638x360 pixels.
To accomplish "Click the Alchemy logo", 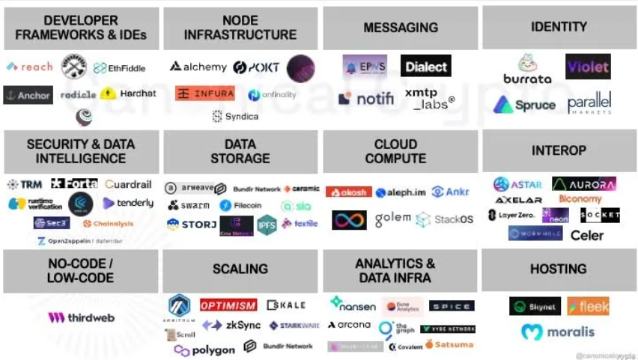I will (x=198, y=67).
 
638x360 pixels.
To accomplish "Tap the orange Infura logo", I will (x=204, y=94).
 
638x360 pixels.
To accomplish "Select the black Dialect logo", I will (x=425, y=66).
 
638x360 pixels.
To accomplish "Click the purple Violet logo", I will (x=588, y=67).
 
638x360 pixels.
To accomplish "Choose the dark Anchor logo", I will (x=28, y=95).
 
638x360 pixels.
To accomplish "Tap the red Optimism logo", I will (x=228, y=305).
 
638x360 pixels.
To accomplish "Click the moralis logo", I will (x=558, y=332).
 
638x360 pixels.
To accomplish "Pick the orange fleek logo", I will (x=588, y=306).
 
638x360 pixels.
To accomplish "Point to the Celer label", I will (x=586, y=235).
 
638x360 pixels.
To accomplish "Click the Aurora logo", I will (x=584, y=184).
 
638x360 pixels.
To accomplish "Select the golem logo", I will (x=392, y=218).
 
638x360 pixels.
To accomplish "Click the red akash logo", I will (x=348, y=192).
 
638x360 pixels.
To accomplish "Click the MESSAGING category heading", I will (x=401, y=28).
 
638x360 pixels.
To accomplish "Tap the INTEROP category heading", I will (x=559, y=150).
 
